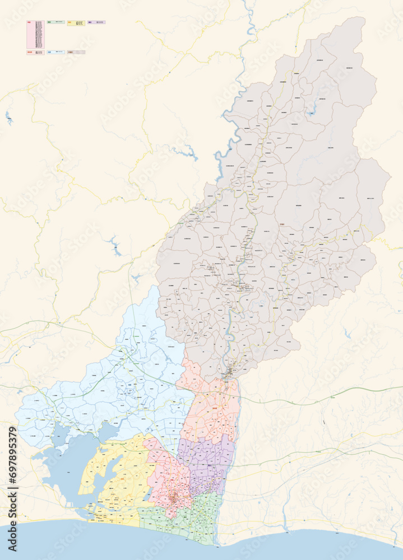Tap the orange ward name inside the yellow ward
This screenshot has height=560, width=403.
pos(123,478)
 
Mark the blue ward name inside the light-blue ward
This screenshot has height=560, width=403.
pos(131,386)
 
